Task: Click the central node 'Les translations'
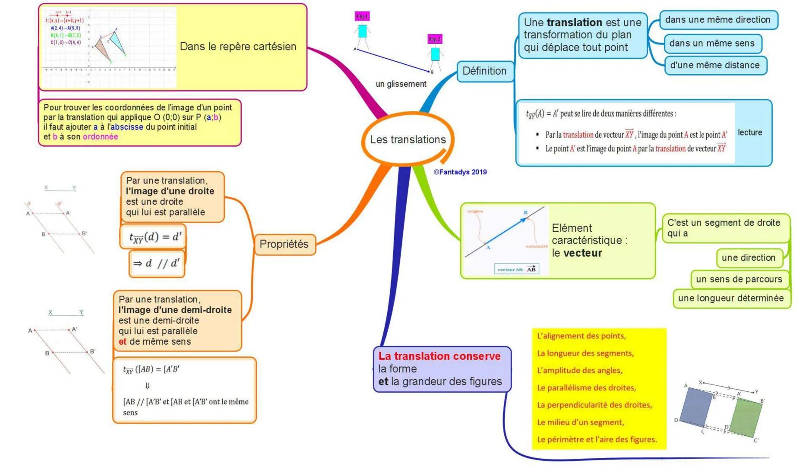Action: point(408,140)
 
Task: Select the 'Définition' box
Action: point(484,71)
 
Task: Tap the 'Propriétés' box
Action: point(284,244)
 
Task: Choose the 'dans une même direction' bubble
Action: point(717,20)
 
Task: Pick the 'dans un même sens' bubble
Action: point(711,43)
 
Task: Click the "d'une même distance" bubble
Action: point(714,65)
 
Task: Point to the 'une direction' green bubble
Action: point(748,258)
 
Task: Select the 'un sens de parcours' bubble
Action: point(739,279)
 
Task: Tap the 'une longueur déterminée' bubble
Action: point(730,298)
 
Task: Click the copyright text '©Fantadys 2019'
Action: point(460,172)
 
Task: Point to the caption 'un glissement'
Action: point(401,84)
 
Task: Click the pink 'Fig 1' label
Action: point(362,16)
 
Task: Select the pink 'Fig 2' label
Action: point(435,39)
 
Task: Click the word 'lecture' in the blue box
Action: point(750,132)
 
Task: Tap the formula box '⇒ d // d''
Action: point(156,263)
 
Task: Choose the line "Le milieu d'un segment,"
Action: point(580,422)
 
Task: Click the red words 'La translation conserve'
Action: point(439,356)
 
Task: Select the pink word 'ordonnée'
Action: point(100,137)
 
